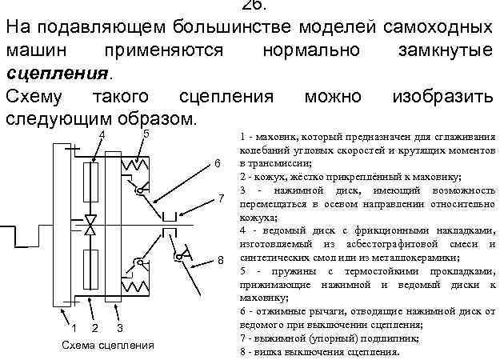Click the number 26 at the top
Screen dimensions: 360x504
pos(252,5)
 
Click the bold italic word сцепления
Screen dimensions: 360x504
pos(55,74)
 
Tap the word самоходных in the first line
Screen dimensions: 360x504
pos(435,27)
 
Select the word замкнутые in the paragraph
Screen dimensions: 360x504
pos(445,50)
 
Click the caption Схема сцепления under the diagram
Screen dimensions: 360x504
pos(108,346)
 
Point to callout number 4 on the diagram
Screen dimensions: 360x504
pos(102,134)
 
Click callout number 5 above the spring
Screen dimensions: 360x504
pos(146,134)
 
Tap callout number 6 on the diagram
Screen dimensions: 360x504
pos(216,164)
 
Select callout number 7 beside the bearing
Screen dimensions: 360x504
pos(221,198)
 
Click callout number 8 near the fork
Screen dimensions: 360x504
pos(220,261)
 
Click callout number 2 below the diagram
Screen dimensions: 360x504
pos(95,327)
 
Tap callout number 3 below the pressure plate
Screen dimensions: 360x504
pos(119,327)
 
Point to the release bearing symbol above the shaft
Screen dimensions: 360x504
pos(169,216)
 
